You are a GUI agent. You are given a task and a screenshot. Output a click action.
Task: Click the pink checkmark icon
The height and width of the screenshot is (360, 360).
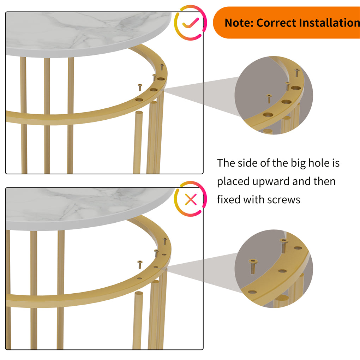coord(191,23)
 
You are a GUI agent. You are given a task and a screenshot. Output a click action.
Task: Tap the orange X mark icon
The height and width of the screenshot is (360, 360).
coord(191,200)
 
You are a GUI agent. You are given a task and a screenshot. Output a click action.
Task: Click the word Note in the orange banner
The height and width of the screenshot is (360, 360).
coord(239,23)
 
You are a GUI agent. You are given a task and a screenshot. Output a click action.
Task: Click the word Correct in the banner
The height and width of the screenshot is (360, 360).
coord(276,23)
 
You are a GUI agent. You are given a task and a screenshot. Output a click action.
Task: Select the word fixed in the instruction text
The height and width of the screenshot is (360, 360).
coord(227,200)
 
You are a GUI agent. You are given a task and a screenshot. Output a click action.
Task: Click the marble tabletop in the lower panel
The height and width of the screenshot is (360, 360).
coord(88,208)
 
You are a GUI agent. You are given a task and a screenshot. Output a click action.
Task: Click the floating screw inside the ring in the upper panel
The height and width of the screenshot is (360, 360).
coord(140,87)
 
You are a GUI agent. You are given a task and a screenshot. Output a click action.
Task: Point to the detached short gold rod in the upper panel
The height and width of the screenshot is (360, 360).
coord(138,141)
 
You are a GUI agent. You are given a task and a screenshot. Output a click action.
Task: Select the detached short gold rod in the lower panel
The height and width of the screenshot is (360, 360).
coord(138,318)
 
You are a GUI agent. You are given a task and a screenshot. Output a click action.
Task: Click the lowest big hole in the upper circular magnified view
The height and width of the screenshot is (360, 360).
coord(268,115)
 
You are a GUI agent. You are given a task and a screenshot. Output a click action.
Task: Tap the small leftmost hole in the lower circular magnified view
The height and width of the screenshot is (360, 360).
coord(252,292)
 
